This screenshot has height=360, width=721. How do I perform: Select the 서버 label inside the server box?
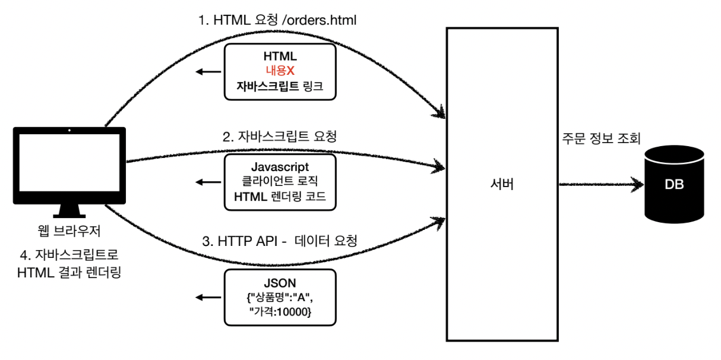pyautogui.click(x=502, y=185)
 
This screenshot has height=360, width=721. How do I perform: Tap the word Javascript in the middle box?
pyautogui.click(x=280, y=167)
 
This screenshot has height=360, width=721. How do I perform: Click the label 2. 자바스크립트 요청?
pyautogui.click(x=280, y=137)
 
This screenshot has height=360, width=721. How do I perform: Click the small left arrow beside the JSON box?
pyautogui.click(x=206, y=298)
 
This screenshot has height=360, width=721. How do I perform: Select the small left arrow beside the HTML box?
pyautogui.click(x=206, y=72)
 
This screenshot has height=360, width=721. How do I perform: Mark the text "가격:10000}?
pyautogui.click(x=280, y=313)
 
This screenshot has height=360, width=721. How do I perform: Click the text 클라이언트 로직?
pyautogui.click(x=280, y=181)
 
